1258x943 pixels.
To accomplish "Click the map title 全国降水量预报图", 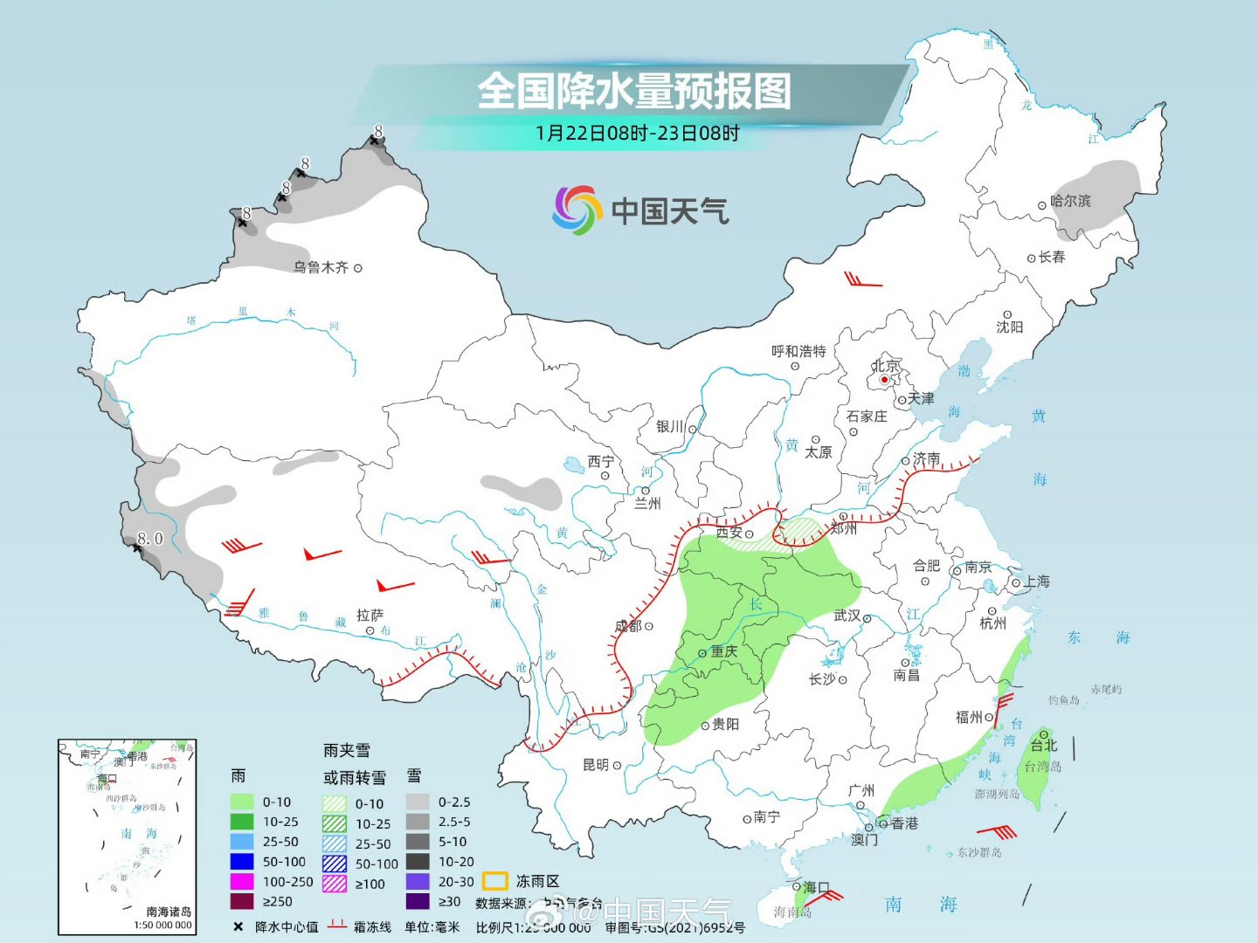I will click(634, 91).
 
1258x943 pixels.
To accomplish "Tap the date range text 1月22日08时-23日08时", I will click(638, 134).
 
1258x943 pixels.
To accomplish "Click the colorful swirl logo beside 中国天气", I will click(577, 210).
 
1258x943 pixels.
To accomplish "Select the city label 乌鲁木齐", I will click(321, 267).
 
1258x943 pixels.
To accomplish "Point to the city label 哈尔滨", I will click(1070, 201).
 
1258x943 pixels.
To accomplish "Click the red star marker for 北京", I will click(884, 380).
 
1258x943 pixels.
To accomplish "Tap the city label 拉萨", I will click(370, 616).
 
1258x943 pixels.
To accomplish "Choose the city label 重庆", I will click(723, 651).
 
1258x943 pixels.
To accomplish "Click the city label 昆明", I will click(596, 765).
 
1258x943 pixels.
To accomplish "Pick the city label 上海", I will click(1037, 582).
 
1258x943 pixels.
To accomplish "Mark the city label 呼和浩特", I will click(798, 351).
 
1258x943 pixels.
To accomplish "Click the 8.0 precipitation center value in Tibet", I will click(150, 539).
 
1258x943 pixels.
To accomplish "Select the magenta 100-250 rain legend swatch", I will click(242, 882).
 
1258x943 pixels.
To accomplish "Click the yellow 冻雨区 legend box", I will click(495, 882).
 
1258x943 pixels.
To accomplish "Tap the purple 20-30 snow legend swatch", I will click(418, 882).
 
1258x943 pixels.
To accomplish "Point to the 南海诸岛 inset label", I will click(169, 911).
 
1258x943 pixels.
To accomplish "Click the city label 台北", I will click(1043, 745).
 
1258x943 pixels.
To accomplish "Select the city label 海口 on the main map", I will click(816, 887).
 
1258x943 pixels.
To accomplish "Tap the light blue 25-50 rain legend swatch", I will click(242, 842).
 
